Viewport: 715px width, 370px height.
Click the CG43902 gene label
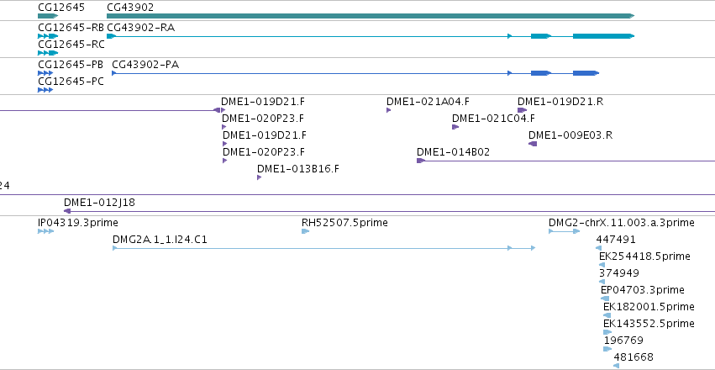130,8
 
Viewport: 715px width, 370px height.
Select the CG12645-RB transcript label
71,28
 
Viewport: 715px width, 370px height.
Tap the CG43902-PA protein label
145,65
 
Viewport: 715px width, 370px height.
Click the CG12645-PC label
71,82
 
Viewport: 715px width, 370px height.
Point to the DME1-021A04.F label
428,101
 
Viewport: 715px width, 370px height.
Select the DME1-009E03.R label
570,135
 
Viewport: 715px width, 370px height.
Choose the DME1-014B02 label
453,152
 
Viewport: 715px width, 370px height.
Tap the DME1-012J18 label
99,202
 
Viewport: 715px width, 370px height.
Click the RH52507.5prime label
344,223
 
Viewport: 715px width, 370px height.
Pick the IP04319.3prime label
78,223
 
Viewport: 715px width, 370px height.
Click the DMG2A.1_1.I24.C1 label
160,240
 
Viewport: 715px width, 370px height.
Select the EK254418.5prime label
644,256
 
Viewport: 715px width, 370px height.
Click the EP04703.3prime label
643,290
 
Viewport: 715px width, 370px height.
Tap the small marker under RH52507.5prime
306,231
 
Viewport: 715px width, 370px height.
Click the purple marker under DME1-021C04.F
455,127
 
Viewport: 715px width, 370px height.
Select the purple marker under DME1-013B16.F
259,177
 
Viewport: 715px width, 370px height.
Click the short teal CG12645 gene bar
48,16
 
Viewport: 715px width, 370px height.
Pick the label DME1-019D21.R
560,101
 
